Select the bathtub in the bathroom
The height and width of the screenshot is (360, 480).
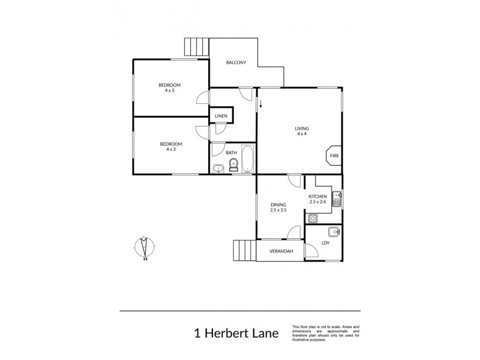point(247,159)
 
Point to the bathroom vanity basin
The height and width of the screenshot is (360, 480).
point(218,169)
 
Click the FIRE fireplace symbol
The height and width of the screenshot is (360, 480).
point(334,155)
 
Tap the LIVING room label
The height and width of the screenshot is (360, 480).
point(301,130)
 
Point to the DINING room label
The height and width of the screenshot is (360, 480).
point(278,207)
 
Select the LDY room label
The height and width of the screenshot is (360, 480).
point(325,242)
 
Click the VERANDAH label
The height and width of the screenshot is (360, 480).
point(281,251)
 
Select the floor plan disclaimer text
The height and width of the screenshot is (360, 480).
point(325,330)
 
